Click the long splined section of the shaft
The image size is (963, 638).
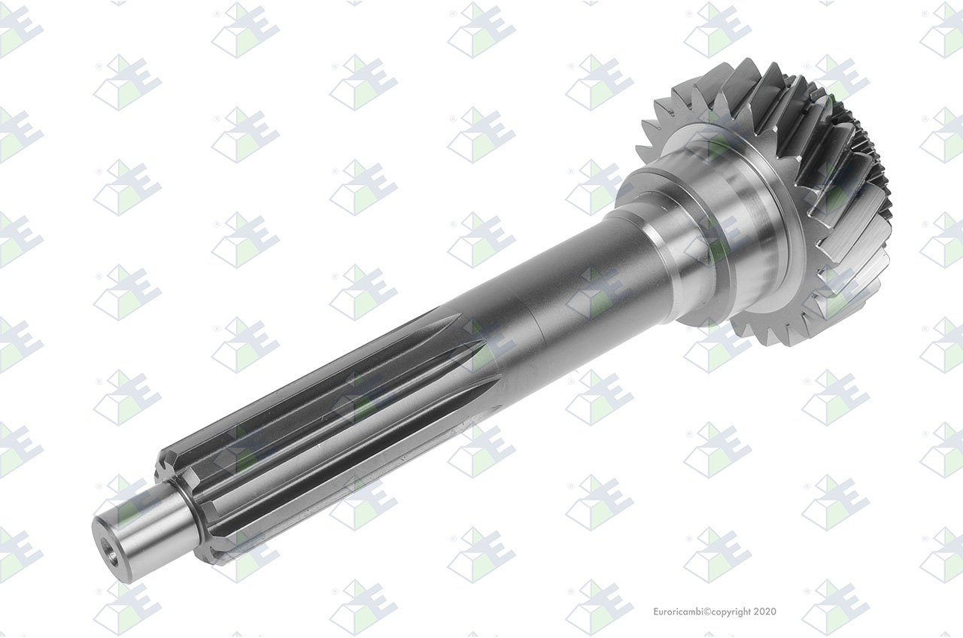coord(327,434)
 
